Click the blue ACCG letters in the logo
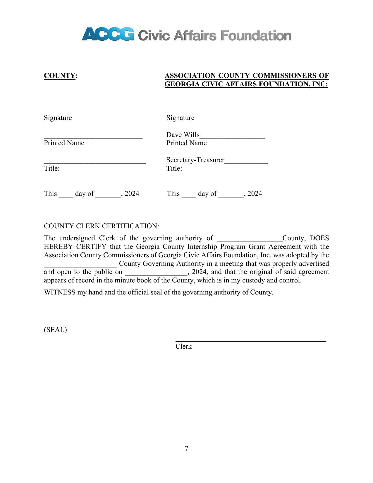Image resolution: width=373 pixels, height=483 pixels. pyautogui.click(x=108, y=34)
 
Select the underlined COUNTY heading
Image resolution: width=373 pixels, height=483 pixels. pyautogui.click(x=60, y=76)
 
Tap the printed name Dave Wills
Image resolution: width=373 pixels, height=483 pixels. pyautogui.click(x=183, y=135)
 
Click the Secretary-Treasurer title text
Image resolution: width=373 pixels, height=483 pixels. pyautogui.click(x=195, y=160)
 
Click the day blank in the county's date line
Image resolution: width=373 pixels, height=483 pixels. pyautogui.click(x=66, y=196)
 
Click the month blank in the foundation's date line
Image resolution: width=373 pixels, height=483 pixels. pyautogui.click(x=231, y=196)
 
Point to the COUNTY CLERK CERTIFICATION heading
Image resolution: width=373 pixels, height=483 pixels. pyautogui.click(x=101, y=226)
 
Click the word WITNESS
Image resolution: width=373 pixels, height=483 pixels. pyautogui.click(x=60, y=292)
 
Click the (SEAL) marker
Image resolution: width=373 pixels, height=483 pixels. pyautogui.click(x=55, y=330)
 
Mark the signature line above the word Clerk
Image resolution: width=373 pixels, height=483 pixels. pyautogui.click(x=250, y=341)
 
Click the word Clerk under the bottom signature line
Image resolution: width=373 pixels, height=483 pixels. pyautogui.click(x=183, y=347)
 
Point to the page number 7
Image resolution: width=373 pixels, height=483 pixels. pyautogui.click(x=187, y=448)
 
